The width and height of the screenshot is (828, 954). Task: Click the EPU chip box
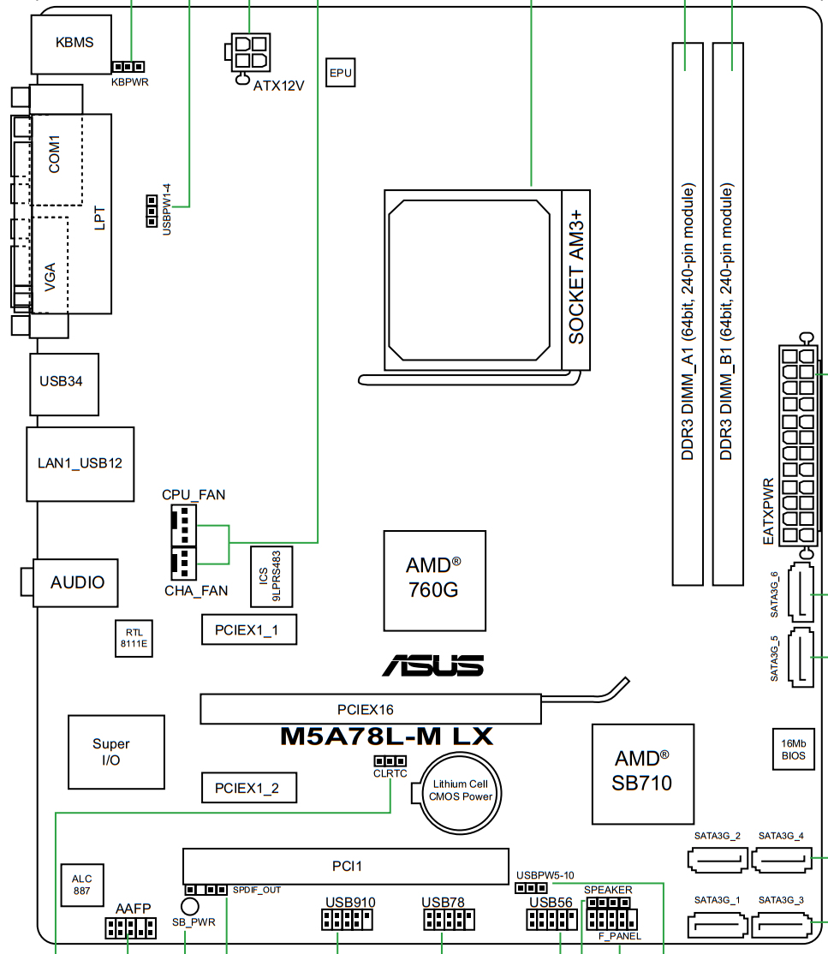pos(340,73)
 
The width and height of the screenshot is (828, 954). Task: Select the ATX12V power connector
pos(249,56)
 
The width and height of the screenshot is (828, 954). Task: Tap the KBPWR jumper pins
pos(128,66)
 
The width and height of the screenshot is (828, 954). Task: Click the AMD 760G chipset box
pos(434,581)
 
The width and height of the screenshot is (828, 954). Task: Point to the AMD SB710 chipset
pos(643,774)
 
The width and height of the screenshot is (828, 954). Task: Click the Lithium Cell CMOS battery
pos(460,793)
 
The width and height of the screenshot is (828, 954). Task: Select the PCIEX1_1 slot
pos(249,629)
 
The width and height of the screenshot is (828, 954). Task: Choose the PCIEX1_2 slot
pos(249,788)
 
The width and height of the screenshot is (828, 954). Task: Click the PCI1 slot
pos(346,866)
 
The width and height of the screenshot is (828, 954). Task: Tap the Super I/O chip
pos(116,752)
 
